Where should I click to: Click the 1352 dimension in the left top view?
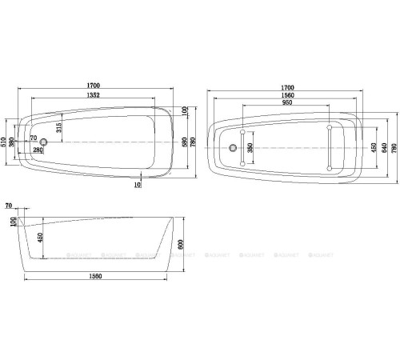tap(101, 100)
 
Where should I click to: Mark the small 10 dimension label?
tap(138, 184)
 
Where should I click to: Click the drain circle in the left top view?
tap(45, 143)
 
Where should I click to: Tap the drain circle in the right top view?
tap(232, 148)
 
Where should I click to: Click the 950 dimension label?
tap(286, 103)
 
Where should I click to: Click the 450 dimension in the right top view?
tap(372, 147)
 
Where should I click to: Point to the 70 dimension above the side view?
tap(8, 206)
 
